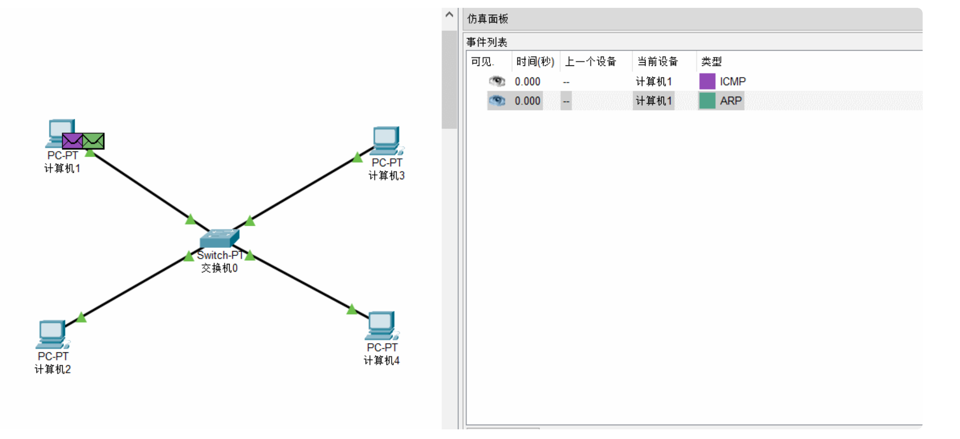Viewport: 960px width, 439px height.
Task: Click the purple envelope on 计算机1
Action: point(72,140)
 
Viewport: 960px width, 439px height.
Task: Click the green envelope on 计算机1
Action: point(94,140)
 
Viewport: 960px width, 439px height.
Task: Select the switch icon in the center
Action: point(219,238)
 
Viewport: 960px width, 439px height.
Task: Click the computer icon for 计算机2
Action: point(52,334)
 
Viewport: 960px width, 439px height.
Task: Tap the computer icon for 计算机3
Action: point(387,140)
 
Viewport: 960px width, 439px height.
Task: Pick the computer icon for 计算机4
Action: point(382,325)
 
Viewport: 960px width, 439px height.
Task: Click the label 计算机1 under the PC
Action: point(62,169)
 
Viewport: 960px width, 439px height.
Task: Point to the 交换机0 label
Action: point(219,268)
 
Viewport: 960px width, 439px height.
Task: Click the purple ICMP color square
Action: point(707,82)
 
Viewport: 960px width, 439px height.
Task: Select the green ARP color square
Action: point(707,101)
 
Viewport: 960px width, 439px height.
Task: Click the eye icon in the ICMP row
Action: point(497,82)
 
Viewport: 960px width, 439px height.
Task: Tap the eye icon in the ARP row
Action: point(497,101)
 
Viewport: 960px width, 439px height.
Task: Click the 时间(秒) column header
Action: point(535,62)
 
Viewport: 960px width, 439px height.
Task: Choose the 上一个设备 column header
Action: point(591,62)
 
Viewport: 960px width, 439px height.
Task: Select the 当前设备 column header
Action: point(658,62)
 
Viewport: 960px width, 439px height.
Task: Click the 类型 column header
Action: point(711,62)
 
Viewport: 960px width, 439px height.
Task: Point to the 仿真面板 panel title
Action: point(487,19)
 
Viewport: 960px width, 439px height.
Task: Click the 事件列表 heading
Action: point(486,42)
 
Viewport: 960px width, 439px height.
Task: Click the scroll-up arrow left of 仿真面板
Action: point(450,15)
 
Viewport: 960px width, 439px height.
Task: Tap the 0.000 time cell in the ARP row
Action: point(527,101)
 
